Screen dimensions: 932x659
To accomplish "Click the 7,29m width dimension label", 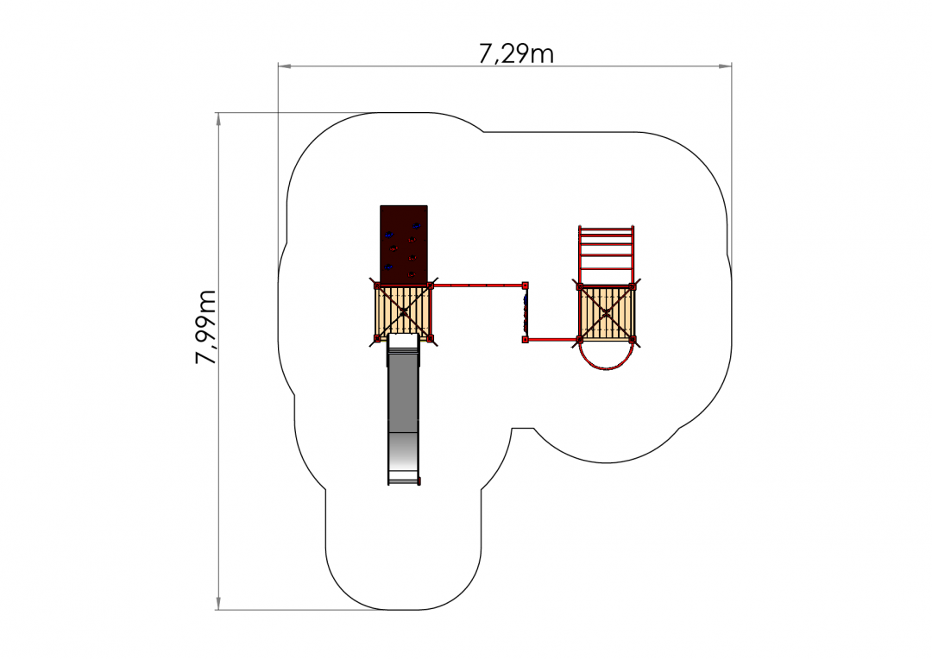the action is click(x=516, y=54).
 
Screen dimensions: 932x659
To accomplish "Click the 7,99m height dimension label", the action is click(x=206, y=327).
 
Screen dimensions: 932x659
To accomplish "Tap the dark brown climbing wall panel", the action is click(x=404, y=245).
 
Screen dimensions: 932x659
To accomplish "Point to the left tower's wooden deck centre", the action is click(x=404, y=312).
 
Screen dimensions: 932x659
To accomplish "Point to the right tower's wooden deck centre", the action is click(x=606, y=313).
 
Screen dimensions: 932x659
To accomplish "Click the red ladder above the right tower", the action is click(x=607, y=255).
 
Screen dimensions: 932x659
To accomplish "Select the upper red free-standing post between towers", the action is click(x=525, y=286).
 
